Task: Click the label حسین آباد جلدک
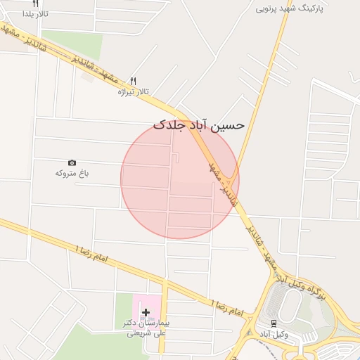(199, 124)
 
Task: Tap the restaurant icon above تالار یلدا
(35, 4)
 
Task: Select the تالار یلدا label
(34, 13)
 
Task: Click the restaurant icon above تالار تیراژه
(133, 80)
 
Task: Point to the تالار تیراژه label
(134, 91)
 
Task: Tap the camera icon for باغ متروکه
(72, 162)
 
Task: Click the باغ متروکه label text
(72, 173)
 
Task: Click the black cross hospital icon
(146, 311)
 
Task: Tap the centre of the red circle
(180, 179)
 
